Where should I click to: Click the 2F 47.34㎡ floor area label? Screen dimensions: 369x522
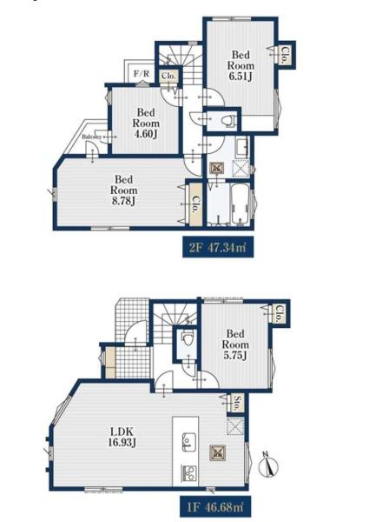218,247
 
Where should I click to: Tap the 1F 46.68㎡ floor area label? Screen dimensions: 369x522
214,507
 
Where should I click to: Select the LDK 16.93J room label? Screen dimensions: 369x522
122,437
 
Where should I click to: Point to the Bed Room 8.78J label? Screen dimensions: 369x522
124,190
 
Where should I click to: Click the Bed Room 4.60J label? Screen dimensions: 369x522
146,124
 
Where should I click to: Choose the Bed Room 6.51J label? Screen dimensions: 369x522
241,65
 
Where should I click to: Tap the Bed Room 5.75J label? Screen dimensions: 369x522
235,345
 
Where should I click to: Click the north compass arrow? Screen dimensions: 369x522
270,464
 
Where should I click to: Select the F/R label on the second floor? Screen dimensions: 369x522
142,73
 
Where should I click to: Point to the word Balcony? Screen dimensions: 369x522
92,137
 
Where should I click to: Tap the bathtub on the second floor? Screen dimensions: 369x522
241,204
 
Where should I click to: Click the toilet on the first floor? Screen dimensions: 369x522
188,339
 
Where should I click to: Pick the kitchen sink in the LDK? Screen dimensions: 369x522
189,442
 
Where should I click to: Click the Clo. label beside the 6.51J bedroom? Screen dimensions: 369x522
285,55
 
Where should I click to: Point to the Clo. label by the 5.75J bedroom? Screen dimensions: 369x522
279,314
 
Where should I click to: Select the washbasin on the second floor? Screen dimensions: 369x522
242,146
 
